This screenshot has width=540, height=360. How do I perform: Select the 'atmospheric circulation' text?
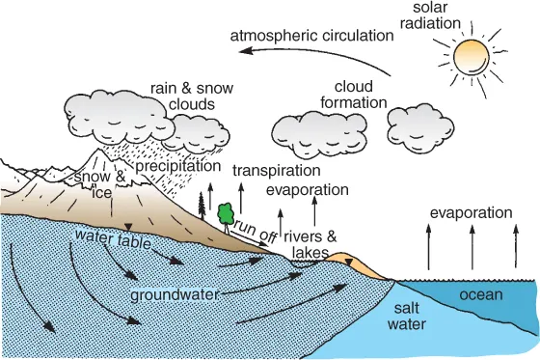312,36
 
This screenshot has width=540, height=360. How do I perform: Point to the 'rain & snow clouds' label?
191,97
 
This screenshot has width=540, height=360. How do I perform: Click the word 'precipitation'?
178,166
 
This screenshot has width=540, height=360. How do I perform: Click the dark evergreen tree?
202,203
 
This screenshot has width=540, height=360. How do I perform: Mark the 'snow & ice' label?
100,185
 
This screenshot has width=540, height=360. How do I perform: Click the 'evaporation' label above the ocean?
470,212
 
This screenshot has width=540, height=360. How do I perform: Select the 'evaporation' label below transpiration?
307,189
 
